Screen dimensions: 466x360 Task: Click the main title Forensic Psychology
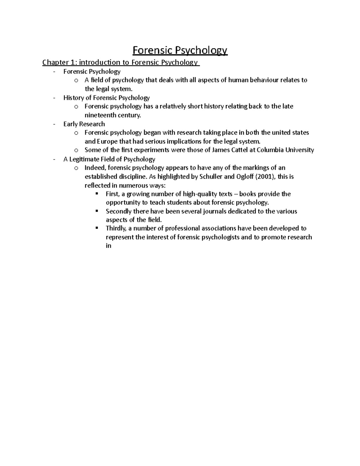tap(180, 50)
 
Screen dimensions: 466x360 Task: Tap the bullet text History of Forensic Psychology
tap(106, 98)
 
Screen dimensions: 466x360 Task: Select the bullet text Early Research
tap(84, 124)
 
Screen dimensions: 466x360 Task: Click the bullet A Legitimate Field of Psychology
tap(109, 159)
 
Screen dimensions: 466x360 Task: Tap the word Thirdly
tap(116, 228)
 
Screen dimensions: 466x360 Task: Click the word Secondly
tap(118, 211)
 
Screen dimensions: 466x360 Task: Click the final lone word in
tap(108, 246)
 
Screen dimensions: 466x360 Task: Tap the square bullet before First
tap(97, 194)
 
